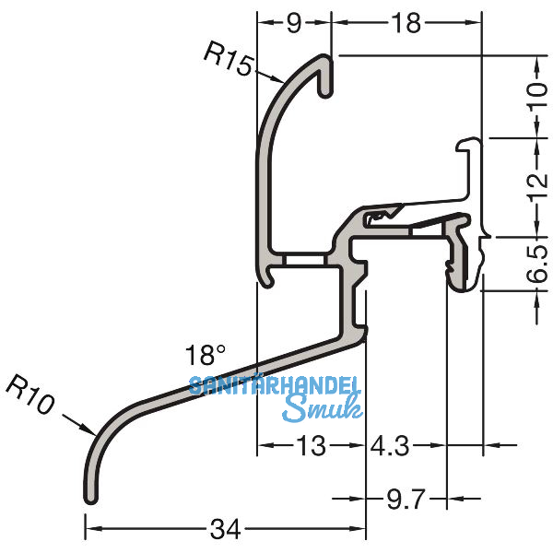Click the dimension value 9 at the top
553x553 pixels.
click(x=293, y=25)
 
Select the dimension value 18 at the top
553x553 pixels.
click(x=406, y=25)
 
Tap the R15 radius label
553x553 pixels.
click(x=226, y=59)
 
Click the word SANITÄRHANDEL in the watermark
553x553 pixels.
click(x=276, y=386)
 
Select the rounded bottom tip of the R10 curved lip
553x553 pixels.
click(x=90, y=499)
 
